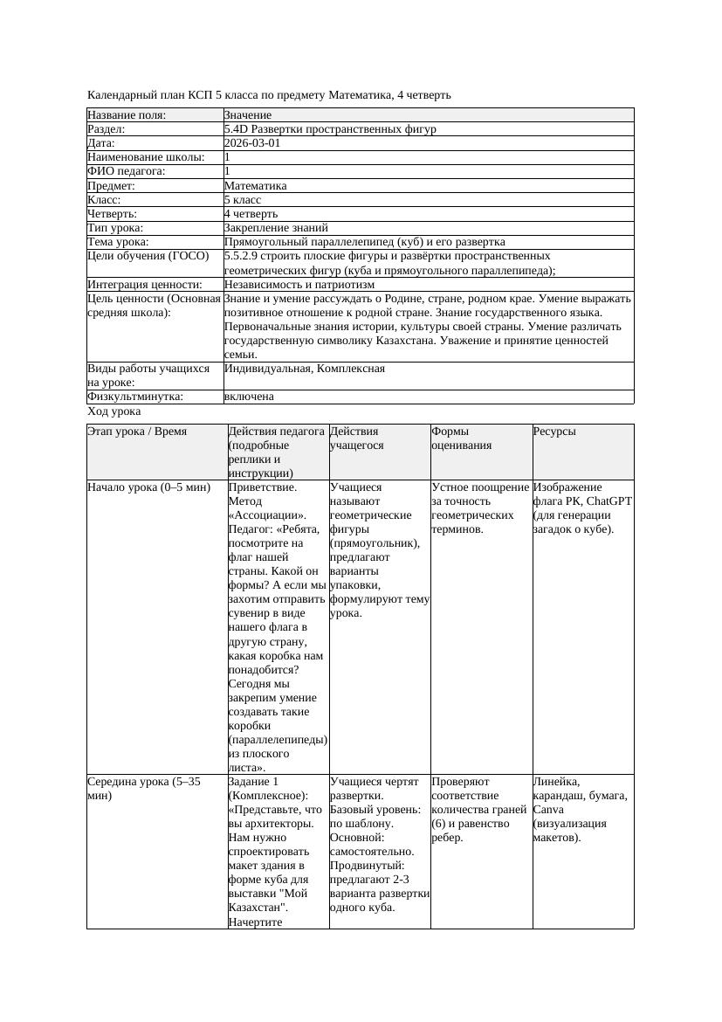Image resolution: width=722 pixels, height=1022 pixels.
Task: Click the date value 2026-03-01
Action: coord(252,143)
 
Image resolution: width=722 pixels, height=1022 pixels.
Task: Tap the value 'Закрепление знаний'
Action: coord(264,228)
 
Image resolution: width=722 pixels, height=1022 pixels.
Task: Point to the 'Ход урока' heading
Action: coord(114,411)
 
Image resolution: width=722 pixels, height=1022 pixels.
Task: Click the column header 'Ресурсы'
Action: coord(554,432)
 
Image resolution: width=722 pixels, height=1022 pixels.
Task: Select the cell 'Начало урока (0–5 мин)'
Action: coord(149,487)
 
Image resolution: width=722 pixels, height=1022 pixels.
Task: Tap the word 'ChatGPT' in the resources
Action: coord(609,501)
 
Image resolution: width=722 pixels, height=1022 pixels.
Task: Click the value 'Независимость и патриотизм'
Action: coord(299,285)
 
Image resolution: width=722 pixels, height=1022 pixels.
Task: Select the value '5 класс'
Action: coord(243,200)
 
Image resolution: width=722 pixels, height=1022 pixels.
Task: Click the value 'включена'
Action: coord(249,397)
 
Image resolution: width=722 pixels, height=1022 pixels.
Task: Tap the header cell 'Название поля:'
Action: coord(127,115)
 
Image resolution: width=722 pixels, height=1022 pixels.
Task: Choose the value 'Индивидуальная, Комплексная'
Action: coord(305,369)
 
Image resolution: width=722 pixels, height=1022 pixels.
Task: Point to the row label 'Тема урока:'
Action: coord(119,242)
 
